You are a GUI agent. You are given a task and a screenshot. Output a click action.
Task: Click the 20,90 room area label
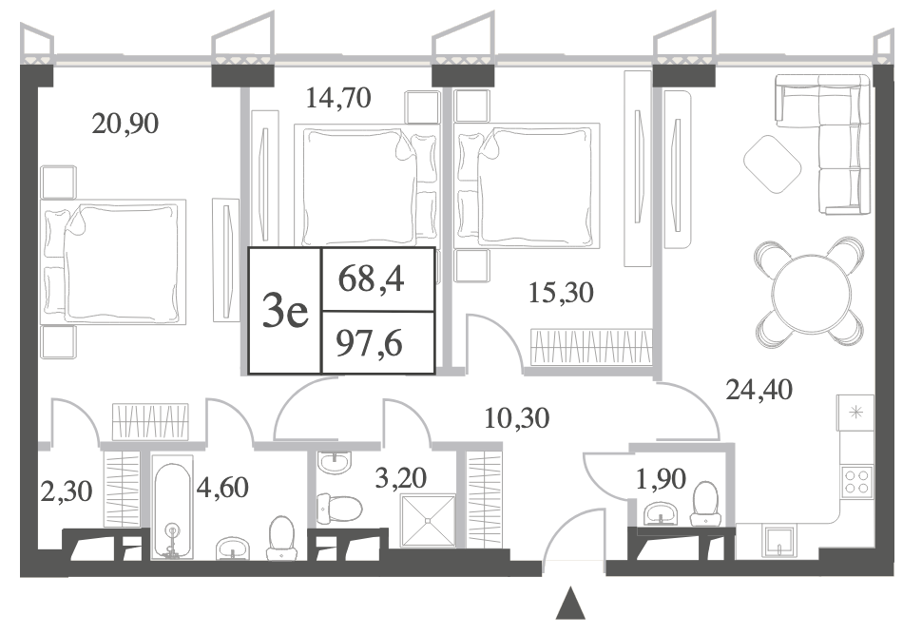(x=125, y=125)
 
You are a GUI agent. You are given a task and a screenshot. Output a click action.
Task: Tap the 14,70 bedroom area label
(x=338, y=98)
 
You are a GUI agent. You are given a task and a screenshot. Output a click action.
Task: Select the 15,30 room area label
(x=561, y=292)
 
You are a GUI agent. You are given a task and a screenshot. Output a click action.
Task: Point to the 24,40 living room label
(x=759, y=389)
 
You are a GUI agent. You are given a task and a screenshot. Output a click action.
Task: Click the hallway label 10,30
(x=517, y=418)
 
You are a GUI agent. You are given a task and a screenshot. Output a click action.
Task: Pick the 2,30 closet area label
(x=67, y=491)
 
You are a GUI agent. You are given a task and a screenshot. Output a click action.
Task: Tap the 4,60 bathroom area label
(x=222, y=488)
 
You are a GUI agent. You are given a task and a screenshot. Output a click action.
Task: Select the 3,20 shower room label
(x=400, y=478)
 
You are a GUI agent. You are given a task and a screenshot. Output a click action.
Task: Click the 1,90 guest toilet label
(x=661, y=478)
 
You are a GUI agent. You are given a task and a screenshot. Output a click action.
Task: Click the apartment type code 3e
(x=285, y=311)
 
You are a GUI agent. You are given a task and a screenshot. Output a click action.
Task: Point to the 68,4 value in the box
(x=371, y=279)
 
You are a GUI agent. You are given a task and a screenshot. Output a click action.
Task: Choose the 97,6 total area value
(x=369, y=343)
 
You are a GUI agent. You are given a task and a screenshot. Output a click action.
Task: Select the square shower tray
(x=428, y=520)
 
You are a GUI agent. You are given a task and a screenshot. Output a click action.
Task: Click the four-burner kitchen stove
(x=856, y=482)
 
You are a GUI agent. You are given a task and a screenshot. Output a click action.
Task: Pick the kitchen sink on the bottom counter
(x=779, y=541)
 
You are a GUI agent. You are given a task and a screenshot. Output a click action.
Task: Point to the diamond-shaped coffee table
(x=773, y=164)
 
